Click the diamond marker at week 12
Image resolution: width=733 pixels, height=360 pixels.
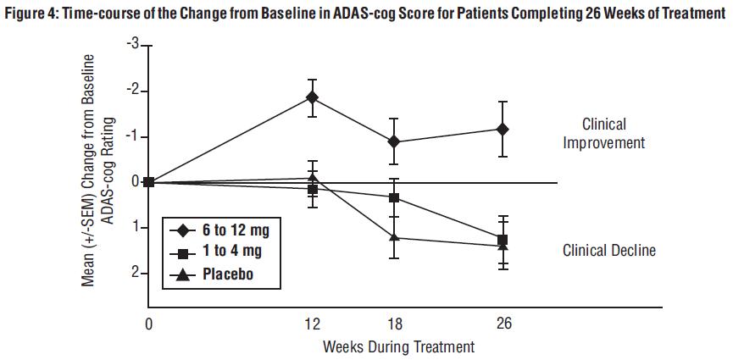313,97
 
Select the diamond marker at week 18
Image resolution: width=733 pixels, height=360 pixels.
394,141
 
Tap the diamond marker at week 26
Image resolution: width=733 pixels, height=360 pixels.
503,129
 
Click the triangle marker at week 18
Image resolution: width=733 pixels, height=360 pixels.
394,237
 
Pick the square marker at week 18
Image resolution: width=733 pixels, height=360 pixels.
394,197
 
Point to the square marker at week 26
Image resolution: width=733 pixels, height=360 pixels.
503,240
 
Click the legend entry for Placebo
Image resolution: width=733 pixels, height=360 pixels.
228,274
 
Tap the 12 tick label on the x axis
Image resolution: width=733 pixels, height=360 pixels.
313,324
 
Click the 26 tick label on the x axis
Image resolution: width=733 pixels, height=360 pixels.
503,324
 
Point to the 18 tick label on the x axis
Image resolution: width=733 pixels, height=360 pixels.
394,324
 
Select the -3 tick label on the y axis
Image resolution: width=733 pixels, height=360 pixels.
132,44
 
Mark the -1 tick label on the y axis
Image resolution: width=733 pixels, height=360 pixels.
132,136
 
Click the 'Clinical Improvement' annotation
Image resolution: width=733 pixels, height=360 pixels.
603,133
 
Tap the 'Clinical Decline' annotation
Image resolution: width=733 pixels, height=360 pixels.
608,251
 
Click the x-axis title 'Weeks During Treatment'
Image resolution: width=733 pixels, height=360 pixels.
398,346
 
